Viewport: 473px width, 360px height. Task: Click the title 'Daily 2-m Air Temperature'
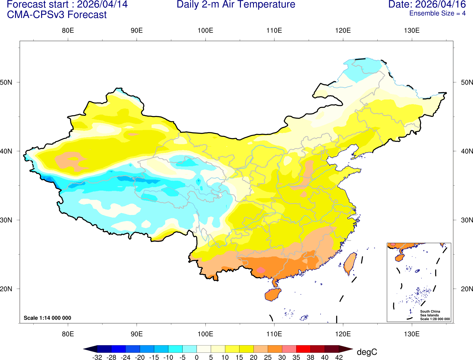(x=236, y=5)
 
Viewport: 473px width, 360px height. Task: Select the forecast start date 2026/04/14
(x=102, y=5)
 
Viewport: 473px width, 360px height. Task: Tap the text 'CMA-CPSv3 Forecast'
(x=57, y=15)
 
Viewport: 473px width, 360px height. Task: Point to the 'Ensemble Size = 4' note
(x=437, y=13)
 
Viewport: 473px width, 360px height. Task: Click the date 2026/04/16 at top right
(x=441, y=5)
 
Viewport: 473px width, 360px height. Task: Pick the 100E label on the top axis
(x=205, y=31)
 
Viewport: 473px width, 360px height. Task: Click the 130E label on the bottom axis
(x=412, y=334)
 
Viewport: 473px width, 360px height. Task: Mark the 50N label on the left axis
(x=6, y=82)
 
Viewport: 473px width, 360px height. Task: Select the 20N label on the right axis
(x=467, y=289)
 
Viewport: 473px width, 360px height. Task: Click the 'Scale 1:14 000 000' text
(x=47, y=318)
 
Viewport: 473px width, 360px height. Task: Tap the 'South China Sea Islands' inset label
(x=430, y=313)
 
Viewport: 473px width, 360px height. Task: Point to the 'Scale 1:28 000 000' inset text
(x=435, y=319)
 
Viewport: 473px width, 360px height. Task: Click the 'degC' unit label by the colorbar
(x=367, y=352)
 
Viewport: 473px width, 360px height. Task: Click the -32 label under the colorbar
(x=97, y=357)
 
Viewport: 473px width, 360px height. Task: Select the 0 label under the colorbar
(x=197, y=357)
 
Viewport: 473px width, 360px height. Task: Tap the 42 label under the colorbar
(x=339, y=357)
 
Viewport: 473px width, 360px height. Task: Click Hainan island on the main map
(x=272, y=295)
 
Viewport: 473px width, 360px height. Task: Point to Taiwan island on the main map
(x=350, y=263)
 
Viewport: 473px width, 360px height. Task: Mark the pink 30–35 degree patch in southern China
(x=261, y=270)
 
